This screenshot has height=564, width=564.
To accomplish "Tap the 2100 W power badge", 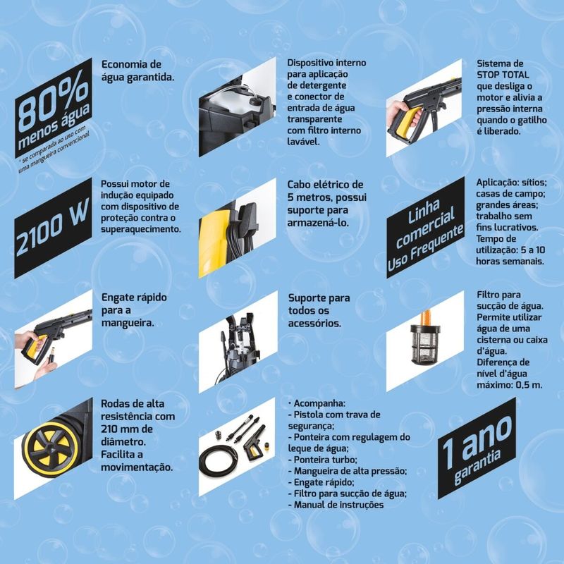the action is (53, 228).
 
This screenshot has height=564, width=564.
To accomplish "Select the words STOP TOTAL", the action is (503, 75).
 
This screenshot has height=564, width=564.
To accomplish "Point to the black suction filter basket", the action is (425, 343).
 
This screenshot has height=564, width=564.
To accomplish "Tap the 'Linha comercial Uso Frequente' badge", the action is (426, 228).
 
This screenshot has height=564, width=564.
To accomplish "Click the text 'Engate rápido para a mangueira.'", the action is (134, 310).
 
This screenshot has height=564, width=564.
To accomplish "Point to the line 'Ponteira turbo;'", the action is (322, 460).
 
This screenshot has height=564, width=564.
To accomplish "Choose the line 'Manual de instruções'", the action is (336, 505).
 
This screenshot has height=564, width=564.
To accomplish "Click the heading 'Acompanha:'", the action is (317, 403).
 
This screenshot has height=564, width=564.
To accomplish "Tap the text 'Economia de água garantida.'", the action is (137, 71).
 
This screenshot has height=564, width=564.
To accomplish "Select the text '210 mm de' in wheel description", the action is (127, 429).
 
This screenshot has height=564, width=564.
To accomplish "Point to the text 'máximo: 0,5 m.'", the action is (509, 385).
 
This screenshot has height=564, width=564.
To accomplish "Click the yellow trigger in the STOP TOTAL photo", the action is (407, 124).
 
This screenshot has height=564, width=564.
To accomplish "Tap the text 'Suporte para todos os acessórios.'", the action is (319, 310).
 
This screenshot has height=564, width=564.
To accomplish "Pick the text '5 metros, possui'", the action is (327, 197).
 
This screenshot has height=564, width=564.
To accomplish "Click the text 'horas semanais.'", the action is (510, 262).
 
